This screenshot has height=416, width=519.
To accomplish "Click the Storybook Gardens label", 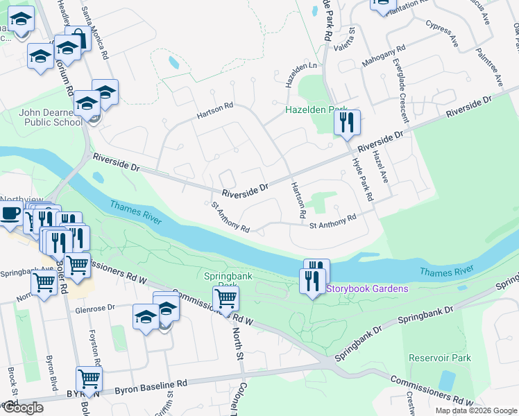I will point(367,288).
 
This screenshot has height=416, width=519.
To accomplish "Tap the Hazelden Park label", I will point(316,110).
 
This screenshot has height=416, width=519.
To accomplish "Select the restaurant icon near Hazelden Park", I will point(347,123).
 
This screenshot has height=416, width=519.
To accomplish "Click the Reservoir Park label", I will point(440,358).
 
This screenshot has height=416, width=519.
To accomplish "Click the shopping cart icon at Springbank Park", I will point(226,299).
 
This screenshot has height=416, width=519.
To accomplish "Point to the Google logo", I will point(22,408).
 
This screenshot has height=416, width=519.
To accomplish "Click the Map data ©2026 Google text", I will point(476,410).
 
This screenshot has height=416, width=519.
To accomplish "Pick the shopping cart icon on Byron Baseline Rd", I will point(90,379).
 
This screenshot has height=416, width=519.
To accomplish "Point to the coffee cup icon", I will point(10,214).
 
